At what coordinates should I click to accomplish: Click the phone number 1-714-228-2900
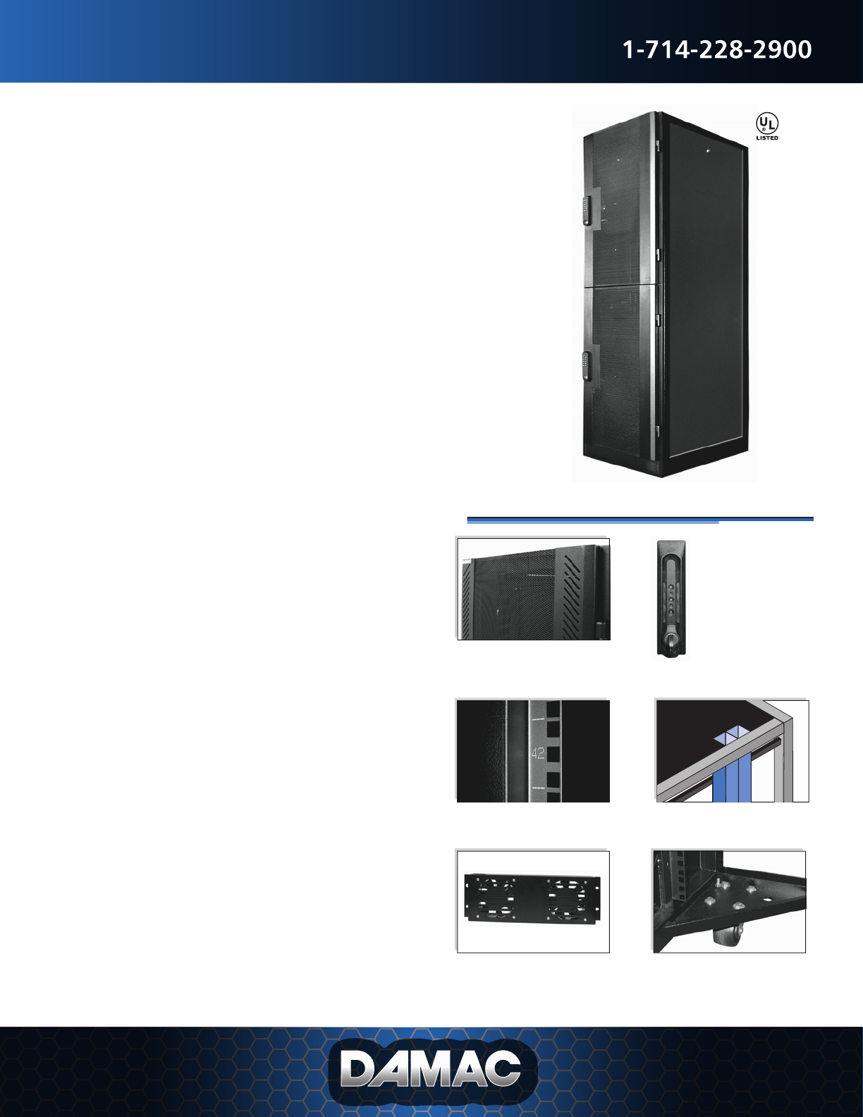(717, 50)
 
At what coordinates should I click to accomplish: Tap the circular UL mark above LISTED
(767, 123)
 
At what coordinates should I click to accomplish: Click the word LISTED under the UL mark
(767, 138)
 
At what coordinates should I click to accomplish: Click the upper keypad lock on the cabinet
(587, 210)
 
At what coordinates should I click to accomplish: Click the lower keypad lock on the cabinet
(587, 365)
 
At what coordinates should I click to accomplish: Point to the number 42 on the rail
(537, 753)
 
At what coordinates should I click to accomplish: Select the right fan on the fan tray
(567, 898)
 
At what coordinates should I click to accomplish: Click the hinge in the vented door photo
(601, 627)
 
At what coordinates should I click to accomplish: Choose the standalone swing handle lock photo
(671, 599)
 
